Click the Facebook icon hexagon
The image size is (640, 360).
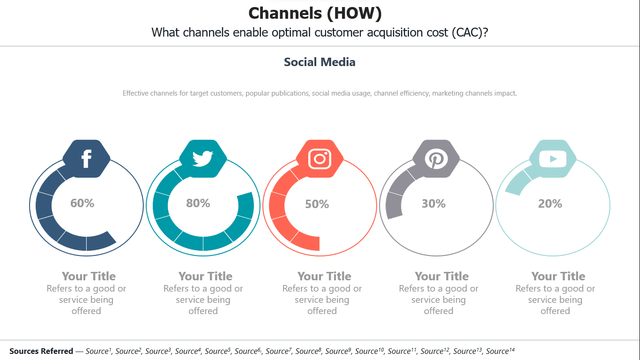(x=86, y=159)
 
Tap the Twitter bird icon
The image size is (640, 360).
(x=202, y=158)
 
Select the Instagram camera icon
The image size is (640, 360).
(x=320, y=159)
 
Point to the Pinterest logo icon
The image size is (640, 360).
(x=436, y=159)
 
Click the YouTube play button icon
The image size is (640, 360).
(x=553, y=159)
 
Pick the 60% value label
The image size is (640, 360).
(x=82, y=203)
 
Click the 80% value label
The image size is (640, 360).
(x=198, y=203)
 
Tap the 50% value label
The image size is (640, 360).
(x=317, y=204)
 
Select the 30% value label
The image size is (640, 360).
(x=434, y=203)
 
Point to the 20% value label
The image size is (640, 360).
(x=550, y=203)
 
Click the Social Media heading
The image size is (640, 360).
(x=320, y=62)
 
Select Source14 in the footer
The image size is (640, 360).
(x=500, y=351)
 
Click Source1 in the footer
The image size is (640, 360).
(x=98, y=351)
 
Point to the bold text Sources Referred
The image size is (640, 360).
(x=41, y=351)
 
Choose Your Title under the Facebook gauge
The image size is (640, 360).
(x=89, y=276)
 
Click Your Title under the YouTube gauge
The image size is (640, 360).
(x=558, y=276)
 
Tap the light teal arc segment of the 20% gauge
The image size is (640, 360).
(x=518, y=182)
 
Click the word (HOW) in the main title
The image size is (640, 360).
(x=354, y=13)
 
